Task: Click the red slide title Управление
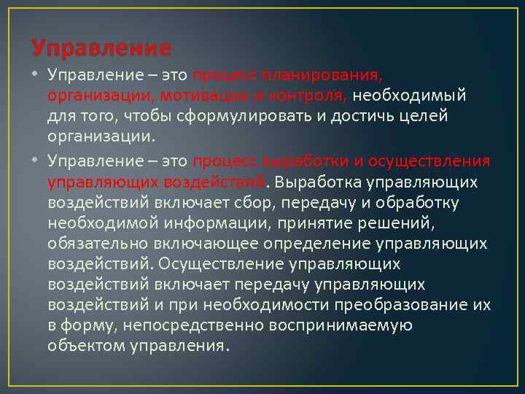click(101, 49)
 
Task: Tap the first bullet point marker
click(36, 76)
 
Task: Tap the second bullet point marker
click(36, 161)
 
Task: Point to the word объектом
click(83, 345)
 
